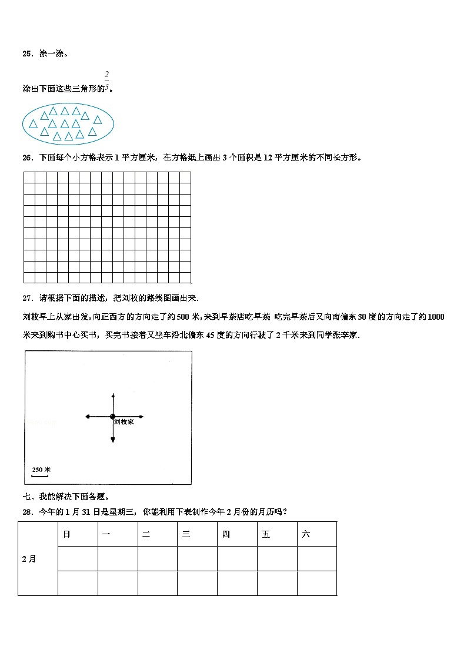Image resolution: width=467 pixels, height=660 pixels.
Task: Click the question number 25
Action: (26, 54)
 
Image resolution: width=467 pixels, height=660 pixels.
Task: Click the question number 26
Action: (26, 158)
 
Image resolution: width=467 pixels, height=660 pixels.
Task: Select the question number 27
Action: (26, 298)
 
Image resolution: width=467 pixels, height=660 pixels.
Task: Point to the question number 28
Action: (26, 512)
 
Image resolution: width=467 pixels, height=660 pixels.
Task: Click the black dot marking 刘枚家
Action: (112, 417)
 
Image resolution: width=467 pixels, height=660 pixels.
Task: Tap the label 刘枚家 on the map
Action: (123, 423)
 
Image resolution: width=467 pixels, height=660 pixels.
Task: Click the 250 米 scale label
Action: (41, 470)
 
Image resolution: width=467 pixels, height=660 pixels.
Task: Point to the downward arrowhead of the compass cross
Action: (112, 441)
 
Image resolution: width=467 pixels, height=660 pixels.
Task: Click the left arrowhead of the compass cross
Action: (88, 417)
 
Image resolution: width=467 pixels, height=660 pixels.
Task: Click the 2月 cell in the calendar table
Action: (29, 559)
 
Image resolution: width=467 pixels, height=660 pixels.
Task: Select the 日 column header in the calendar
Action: (66, 534)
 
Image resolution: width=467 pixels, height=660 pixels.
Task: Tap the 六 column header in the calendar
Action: (306, 534)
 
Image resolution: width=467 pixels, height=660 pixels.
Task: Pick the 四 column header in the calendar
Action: (226, 534)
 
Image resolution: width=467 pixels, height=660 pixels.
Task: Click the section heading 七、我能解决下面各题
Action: (66, 496)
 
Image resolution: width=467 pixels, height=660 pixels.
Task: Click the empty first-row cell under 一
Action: (118, 558)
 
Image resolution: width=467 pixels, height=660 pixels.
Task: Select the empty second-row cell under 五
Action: (277, 583)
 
